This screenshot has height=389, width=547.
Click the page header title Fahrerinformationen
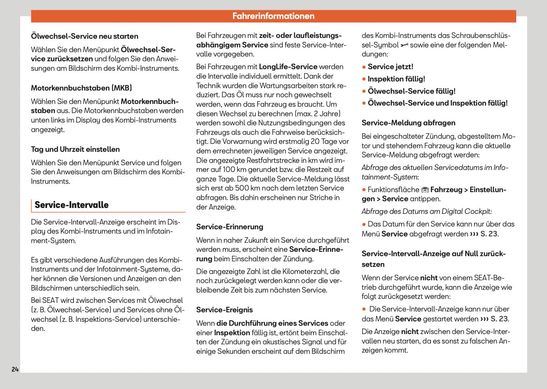pyautogui.click(x=273, y=16)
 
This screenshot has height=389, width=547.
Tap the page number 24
pyautogui.click(x=15, y=369)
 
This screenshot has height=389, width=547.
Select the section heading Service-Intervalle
pyautogui.click(x=71, y=205)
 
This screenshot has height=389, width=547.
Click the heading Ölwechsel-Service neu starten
pyautogui.click(x=85, y=36)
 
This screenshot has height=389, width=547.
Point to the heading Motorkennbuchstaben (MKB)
pyautogui.click(x=81, y=88)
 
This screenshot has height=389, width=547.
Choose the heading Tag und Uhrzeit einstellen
pyautogui.click(x=75, y=149)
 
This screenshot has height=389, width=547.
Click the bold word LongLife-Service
pyautogui.click(x=288, y=67)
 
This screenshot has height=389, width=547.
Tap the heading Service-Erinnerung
pyautogui.click(x=229, y=227)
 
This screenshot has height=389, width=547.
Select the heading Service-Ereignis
pyautogui.click(x=224, y=310)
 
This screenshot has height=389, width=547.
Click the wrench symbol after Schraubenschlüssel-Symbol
pyautogui.click(x=404, y=45)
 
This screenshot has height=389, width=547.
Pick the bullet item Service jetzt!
pyautogui.click(x=390, y=67)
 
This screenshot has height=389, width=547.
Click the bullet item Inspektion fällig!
pyautogui.click(x=396, y=79)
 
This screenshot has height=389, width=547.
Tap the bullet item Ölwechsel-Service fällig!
pyautogui.click(x=411, y=91)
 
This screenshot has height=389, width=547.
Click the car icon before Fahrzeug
pyautogui.click(x=425, y=190)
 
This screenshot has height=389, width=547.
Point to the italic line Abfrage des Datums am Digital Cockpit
pyautogui.click(x=427, y=211)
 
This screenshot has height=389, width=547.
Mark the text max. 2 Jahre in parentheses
pyautogui.click(x=318, y=114)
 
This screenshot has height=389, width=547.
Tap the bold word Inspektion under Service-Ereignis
pyautogui.click(x=232, y=333)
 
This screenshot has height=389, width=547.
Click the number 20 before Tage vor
pyautogui.click(x=315, y=142)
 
